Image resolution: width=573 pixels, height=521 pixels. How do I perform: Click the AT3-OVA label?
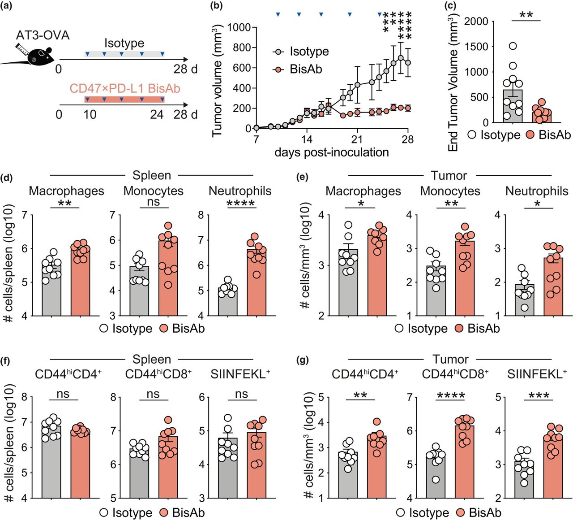tap(43, 35)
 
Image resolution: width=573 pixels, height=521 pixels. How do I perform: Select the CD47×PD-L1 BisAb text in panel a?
tap(125, 88)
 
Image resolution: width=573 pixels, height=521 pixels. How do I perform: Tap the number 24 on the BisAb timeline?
tap(157, 115)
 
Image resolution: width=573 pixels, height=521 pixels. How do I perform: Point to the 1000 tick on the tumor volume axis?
tap(239, 28)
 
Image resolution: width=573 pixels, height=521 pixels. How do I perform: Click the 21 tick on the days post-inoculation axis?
tap(357, 139)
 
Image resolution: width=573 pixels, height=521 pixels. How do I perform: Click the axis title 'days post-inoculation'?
tap(331, 152)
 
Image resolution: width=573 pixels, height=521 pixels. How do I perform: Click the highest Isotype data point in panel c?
tap(513, 46)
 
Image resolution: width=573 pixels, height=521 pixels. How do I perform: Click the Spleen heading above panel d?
tap(151, 175)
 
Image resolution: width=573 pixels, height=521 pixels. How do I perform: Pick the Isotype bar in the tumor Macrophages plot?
tap(348, 282)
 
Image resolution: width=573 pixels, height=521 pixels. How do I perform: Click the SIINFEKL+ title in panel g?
tap(537, 374)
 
